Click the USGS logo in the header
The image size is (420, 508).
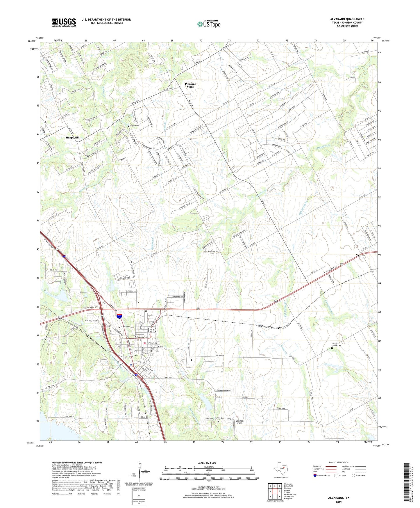pyautogui.click(x=64, y=22)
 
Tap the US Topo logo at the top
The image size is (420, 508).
pyautogui.click(x=208, y=24)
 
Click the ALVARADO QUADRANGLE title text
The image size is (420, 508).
pyautogui.click(x=347, y=19)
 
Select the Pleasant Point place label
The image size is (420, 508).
pyautogui.click(x=190, y=85)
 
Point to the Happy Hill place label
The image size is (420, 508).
pyautogui.click(x=72, y=138)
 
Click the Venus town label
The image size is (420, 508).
pyautogui.click(x=360, y=255)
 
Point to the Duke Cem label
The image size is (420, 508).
pyautogui.click(x=220, y=418)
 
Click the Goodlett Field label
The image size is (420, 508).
pyautogui.click(x=239, y=422)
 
